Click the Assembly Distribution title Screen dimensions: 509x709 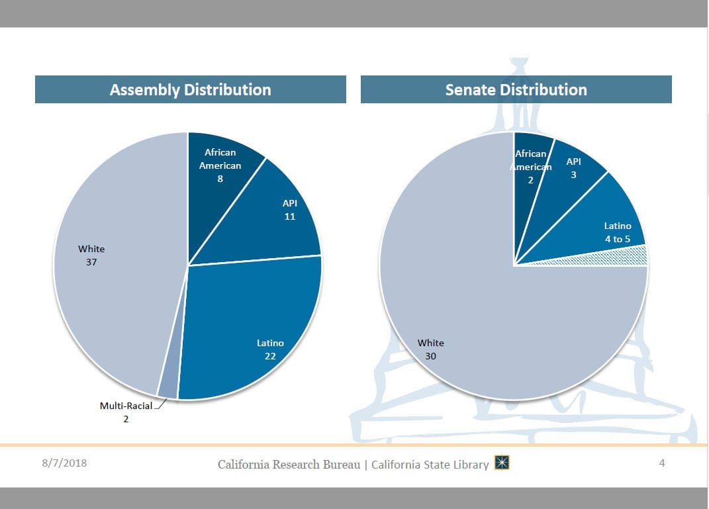[190, 90]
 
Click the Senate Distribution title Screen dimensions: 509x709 [516, 90]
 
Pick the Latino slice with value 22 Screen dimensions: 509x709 [258, 331]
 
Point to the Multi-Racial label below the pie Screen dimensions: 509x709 [126, 406]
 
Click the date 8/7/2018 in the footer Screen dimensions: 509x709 [60, 463]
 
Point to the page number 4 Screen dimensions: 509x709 [661, 463]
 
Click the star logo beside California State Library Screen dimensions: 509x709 [502, 463]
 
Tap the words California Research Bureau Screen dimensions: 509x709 [289, 465]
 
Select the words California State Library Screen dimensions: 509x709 [430, 465]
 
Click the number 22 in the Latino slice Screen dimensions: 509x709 [270, 356]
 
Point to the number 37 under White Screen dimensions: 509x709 [91, 262]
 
